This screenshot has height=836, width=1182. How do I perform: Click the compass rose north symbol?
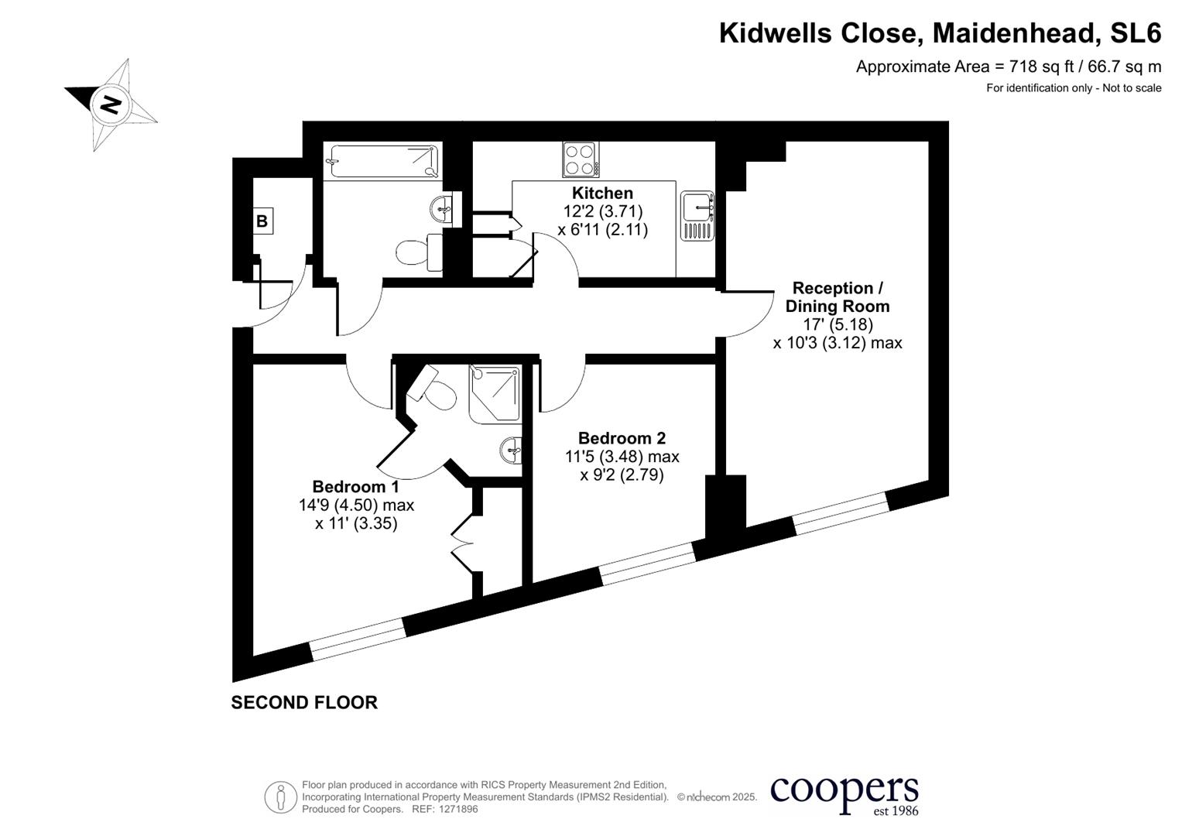(x=111, y=104)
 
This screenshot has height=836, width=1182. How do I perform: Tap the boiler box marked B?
(x=262, y=221)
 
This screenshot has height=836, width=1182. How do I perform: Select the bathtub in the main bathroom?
(x=382, y=161)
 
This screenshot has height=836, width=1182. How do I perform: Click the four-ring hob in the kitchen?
(x=580, y=160)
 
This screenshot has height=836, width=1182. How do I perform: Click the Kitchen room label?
(x=602, y=194)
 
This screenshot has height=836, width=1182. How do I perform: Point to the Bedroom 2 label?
(x=622, y=438)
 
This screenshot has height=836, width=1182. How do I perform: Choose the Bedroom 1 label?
(x=355, y=487)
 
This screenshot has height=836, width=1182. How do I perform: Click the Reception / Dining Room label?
(x=838, y=297)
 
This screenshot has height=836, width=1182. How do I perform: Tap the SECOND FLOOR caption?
(x=304, y=703)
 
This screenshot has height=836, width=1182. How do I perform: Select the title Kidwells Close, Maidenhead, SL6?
(x=940, y=33)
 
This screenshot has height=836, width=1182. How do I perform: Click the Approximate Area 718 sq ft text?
(x=1008, y=67)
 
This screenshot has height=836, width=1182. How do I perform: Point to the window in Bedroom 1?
(x=358, y=639)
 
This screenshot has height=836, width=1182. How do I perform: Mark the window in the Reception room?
(x=841, y=513)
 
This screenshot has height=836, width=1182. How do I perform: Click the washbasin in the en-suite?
(x=511, y=449)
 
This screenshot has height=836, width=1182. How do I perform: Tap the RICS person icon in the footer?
(x=280, y=797)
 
